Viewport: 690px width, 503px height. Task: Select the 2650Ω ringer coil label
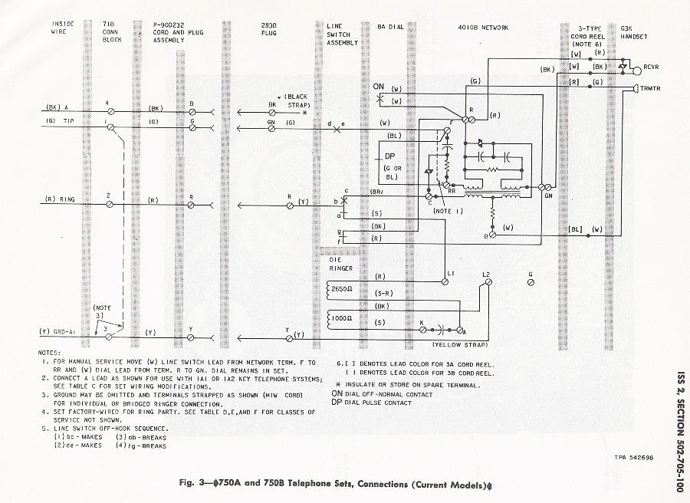coord(341,288)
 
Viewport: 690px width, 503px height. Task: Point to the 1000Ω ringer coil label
coord(341,316)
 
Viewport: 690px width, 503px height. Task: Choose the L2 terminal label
coord(486,275)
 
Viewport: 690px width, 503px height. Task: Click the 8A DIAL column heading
coord(390,27)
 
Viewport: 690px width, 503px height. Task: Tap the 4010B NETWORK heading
coord(484,27)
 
